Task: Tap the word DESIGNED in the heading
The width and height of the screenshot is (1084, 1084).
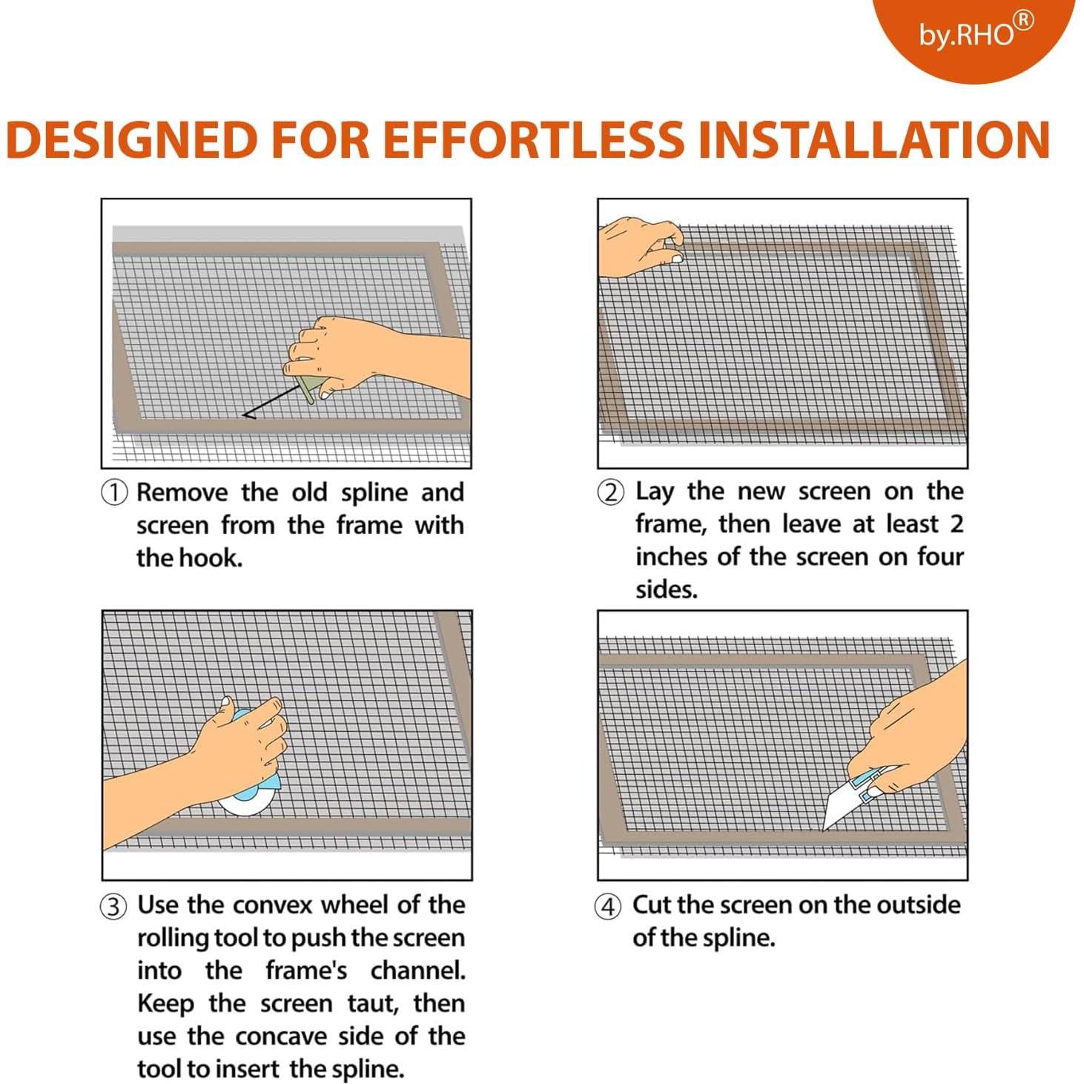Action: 132,139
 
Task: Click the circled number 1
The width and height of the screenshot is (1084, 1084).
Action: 113,493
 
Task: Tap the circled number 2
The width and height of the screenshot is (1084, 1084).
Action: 610,492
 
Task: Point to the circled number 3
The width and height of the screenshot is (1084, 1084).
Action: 113,907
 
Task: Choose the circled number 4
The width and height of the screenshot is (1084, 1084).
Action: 608,907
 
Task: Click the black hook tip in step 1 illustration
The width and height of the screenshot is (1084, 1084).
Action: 244,415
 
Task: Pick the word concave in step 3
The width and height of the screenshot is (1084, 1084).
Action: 281,1037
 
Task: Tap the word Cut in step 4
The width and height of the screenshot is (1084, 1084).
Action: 652,905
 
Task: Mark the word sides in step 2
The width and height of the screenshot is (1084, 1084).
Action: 667,590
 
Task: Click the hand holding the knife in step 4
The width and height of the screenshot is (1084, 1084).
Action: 917,731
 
